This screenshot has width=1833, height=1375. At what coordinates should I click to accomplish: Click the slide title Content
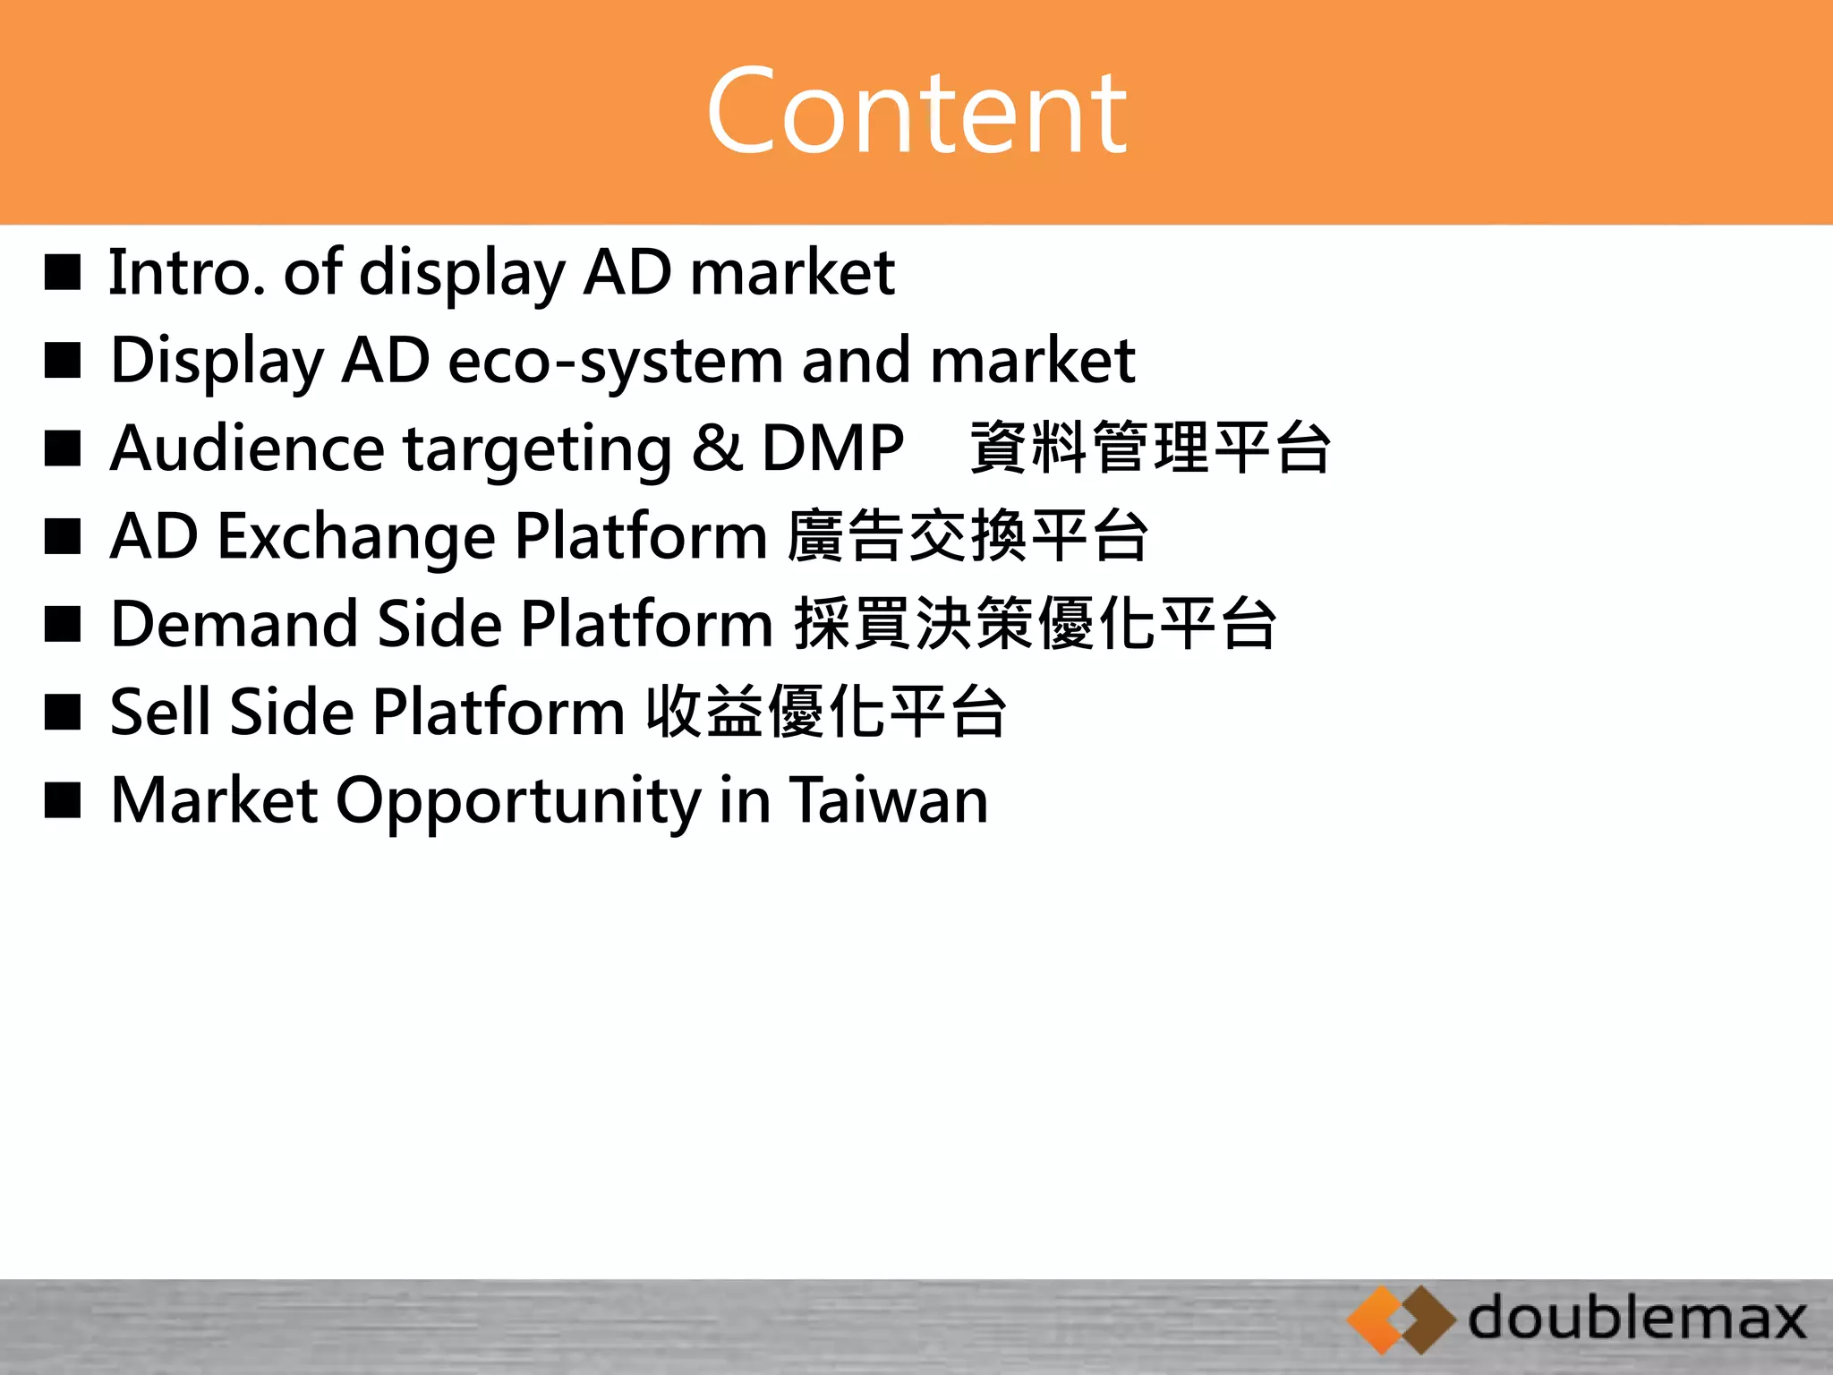pyautogui.click(x=916, y=112)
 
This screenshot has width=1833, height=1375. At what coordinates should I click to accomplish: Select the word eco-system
pyautogui.click(x=614, y=361)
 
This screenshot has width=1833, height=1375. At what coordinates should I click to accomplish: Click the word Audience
pyautogui.click(x=247, y=448)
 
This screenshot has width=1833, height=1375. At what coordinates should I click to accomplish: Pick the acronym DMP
pyautogui.click(x=832, y=448)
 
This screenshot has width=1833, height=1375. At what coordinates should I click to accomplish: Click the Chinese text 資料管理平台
pyautogui.click(x=1151, y=448)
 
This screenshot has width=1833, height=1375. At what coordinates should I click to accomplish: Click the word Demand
pyautogui.click(x=234, y=624)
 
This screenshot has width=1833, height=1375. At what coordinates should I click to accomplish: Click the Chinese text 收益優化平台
pyautogui.click(x=827, y=712)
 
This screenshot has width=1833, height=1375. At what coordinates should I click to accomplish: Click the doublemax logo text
pyautogui.click(x=1637, y=1319)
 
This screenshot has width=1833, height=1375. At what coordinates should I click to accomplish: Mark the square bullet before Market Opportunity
pyautogui.click(x=63, y=800)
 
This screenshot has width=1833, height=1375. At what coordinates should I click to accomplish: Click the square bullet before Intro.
pyautogui.click(x=63, y=272)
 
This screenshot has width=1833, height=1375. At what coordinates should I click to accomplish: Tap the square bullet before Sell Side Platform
pyautogui.click(x=63, y=713)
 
